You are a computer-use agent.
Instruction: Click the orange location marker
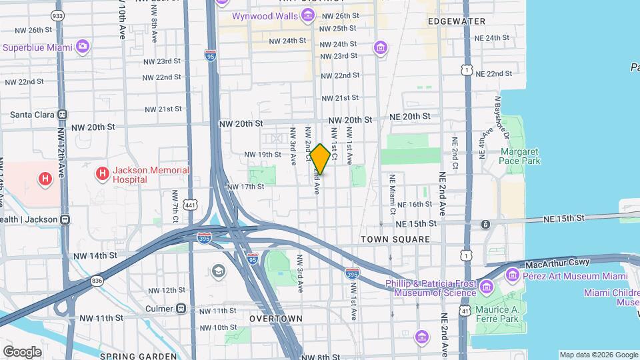click(x=320, y=159)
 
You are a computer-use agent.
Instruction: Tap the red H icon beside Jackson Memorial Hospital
click(x=102, y=174)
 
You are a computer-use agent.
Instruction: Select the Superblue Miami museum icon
click(x=83, y=47)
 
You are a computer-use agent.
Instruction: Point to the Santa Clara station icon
click(x=62, y=114)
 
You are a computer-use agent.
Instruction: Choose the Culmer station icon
click(x=181, y=309)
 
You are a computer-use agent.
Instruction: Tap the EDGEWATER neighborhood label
click(x=457, y=21)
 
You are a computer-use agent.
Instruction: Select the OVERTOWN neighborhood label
click(x=276, y=319)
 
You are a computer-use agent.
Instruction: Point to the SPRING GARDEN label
click(x=132, y=356)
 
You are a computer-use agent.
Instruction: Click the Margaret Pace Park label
click(x=519, y=156)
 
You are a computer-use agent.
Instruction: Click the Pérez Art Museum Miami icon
click(x=512, y=274)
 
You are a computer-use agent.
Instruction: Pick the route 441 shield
click(x=191, y=204)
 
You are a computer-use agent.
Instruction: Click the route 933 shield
click(x=58, y=15)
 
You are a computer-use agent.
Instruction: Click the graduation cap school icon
click(x=218, y=271)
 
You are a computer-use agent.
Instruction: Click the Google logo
click(x=22, y=351)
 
